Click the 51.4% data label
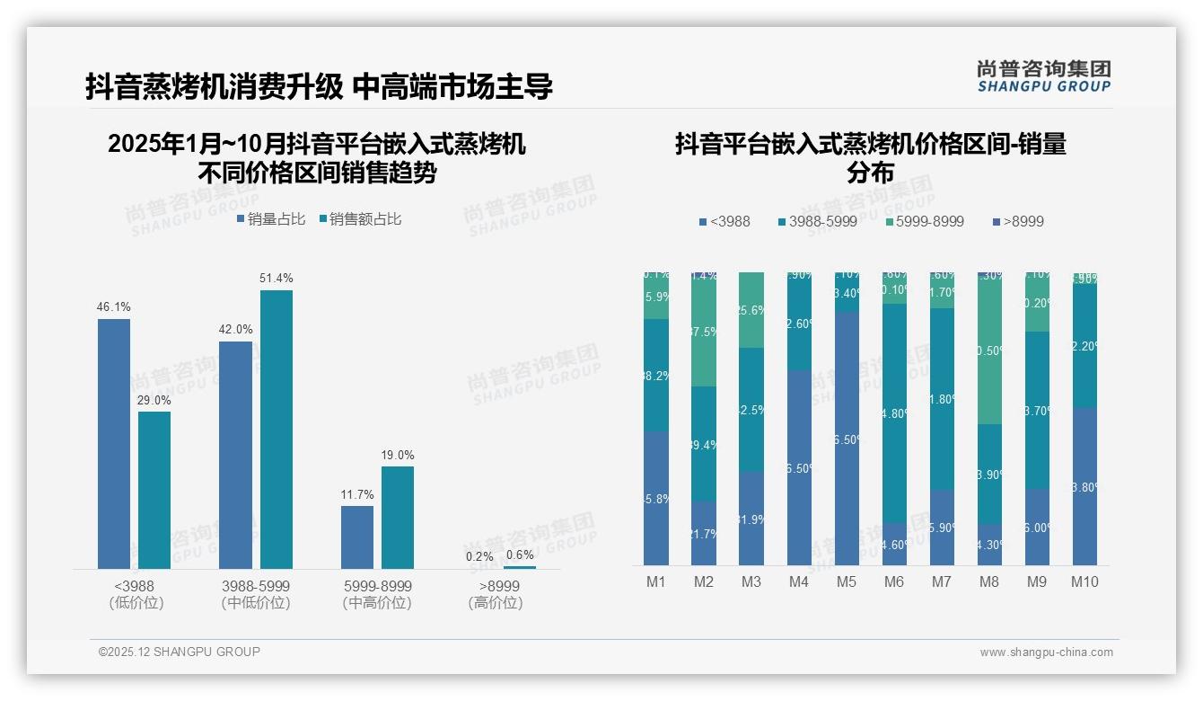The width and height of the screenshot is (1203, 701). pos(277,279)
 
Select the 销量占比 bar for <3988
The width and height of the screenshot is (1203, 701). pos(114,444)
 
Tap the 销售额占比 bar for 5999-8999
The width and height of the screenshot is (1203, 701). pos(398,517)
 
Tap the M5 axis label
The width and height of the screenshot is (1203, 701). pos(846,581)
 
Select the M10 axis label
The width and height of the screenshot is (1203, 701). pos(1084,581)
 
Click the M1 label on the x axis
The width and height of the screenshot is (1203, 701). pos(656,581)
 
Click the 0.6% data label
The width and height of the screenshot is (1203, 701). pos(520,555)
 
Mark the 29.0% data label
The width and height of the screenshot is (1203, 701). pos(154,400)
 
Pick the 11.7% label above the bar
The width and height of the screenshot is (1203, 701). pos(357,494)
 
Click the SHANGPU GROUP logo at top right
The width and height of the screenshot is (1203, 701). pos(1043,76)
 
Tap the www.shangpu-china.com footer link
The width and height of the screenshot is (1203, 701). pos(1046,652)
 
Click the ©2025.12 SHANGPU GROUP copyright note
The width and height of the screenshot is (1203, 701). pos(180,652)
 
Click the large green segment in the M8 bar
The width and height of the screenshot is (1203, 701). pos(988,350)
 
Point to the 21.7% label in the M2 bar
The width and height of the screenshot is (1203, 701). pos(704,535)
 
